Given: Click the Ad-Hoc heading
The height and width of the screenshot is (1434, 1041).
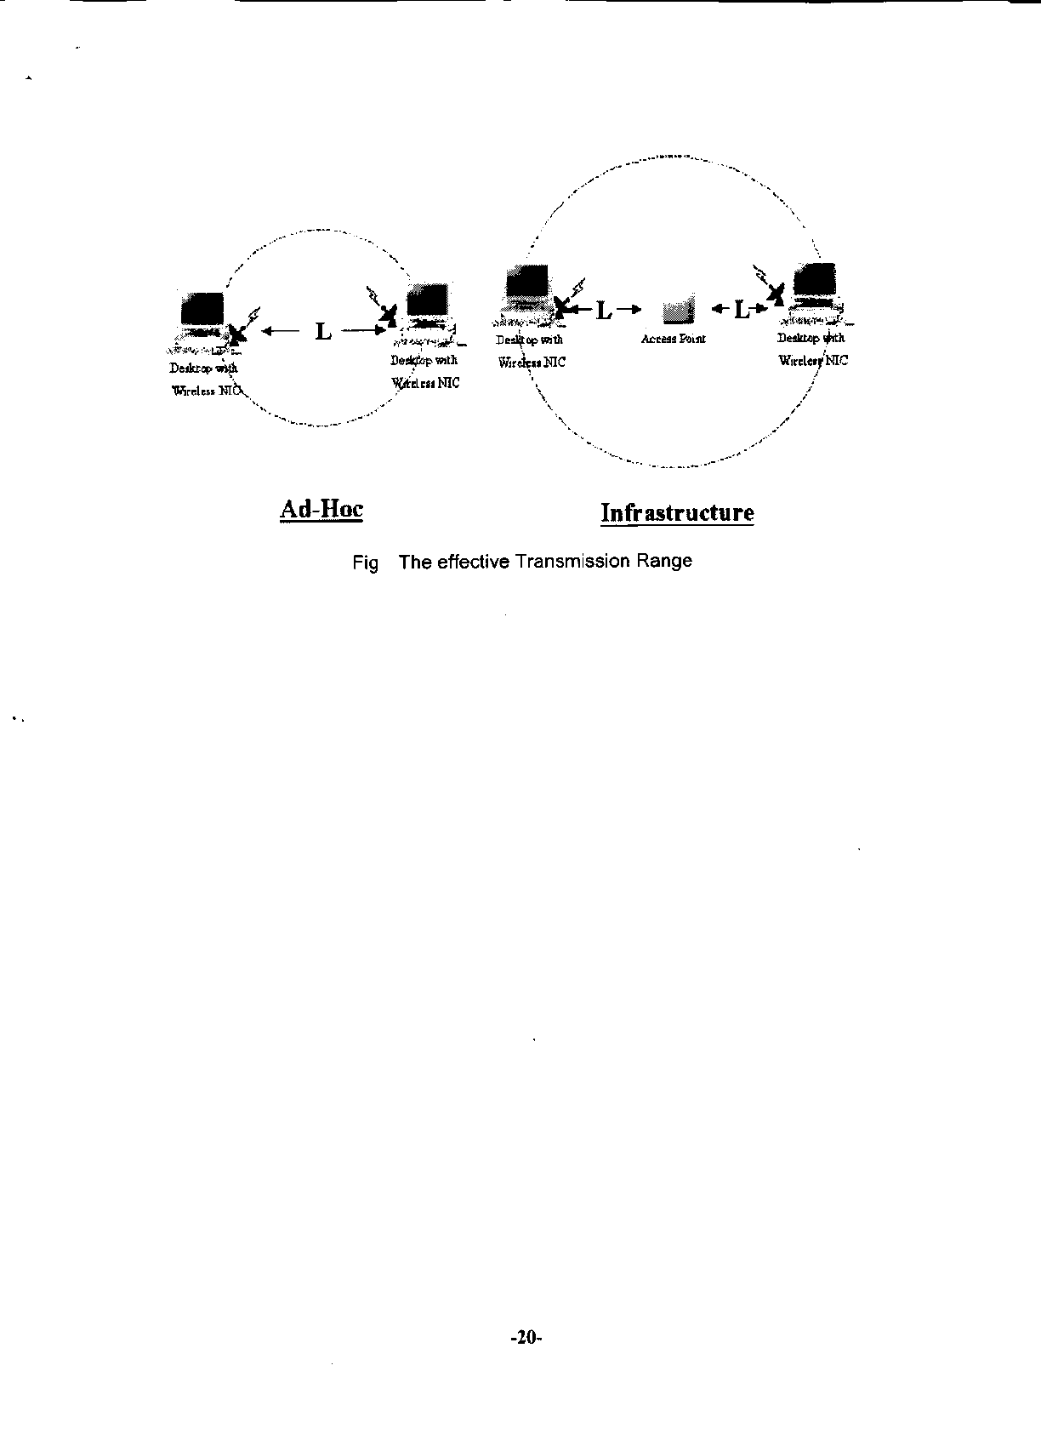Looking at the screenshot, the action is click(x=321, y=510).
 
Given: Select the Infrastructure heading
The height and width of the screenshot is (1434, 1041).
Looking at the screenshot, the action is click(x=677, y=513).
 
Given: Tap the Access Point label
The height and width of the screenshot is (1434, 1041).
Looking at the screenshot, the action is click(x=673, y=339).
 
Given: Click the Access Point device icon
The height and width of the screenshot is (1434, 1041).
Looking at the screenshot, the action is click(x=678, y=311).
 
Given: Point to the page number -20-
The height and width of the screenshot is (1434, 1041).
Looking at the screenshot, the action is click(x=526, y=1337).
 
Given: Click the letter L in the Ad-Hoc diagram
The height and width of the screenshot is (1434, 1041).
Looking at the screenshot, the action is click(x=323, y=331).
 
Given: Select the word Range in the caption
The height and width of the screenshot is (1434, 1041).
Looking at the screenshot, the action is click(x=668, y=562).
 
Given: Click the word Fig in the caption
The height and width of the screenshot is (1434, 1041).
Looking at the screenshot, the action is click(x=365, y=563).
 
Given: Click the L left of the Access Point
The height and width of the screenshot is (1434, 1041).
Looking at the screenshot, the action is click(x=603, y=311).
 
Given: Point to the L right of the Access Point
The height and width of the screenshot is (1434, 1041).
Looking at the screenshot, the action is click(x=742, y=310).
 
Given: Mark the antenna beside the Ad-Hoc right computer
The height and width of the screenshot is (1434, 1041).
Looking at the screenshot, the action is click(x=388, y=315).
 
